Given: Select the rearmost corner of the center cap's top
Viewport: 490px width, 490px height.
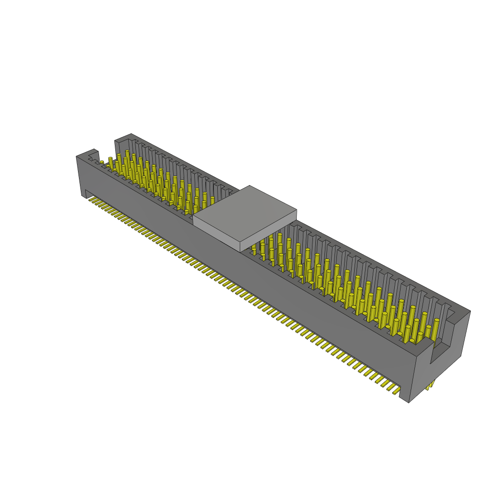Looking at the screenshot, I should click(249, 186).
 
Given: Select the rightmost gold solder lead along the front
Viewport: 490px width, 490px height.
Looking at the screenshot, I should click(396, 391).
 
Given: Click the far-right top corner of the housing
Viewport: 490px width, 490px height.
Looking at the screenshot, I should click(470, 311).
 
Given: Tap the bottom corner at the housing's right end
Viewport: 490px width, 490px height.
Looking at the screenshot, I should click(409, 402).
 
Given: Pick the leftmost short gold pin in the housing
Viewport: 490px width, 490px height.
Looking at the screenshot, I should click(101, 162).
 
